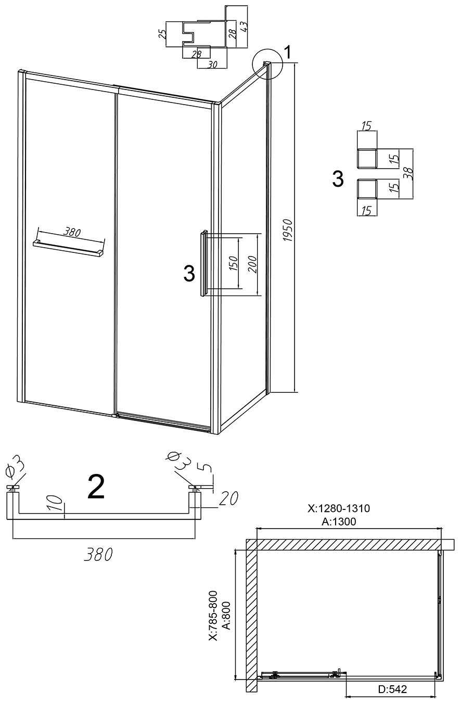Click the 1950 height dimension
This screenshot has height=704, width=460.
tap(288, 231)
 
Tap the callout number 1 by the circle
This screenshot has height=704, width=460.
tap(287, 52)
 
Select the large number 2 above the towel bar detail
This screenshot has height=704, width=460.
tap(96, 487)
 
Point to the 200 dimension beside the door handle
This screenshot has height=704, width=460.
tap(252, 264)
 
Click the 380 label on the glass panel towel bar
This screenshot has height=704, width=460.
tap(72, 232)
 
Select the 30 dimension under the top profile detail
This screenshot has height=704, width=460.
tap(212, 64)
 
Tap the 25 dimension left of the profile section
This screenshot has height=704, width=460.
tap(162, 33)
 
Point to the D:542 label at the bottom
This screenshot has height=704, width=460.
tap(392, 696)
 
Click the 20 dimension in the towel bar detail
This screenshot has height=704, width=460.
tap(228, 498)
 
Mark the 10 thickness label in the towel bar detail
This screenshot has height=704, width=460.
tap(55, 503)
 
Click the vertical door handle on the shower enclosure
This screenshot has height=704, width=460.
tap(203, 263)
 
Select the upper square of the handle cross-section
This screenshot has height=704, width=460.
tap(367, 158)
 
